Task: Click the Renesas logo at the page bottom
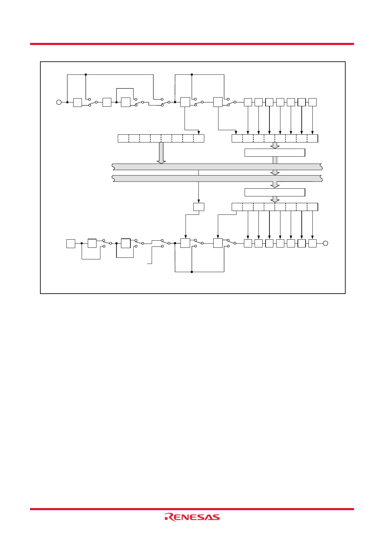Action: tap(192, 517)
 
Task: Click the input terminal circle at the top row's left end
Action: tap(59, 102)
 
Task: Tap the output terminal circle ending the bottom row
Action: tap(325, 243)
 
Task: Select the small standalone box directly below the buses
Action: tap(198, 207)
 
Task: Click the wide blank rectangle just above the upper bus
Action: tap(275, 152)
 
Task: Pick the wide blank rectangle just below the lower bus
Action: tap(275, 192)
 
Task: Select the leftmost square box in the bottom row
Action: tap(71, 244)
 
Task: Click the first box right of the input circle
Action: tap(77, 102)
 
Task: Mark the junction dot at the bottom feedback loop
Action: tap(192, 272)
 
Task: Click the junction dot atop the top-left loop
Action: tap(86, 75)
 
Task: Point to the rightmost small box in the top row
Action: tap(312, 102)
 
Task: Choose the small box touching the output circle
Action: tap(312, 243)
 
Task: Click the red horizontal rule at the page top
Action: tap(192, 44)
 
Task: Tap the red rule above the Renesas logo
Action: tap(192, 509)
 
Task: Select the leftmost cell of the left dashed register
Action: tap(123, 139)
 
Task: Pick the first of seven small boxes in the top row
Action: tap(248, 102)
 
